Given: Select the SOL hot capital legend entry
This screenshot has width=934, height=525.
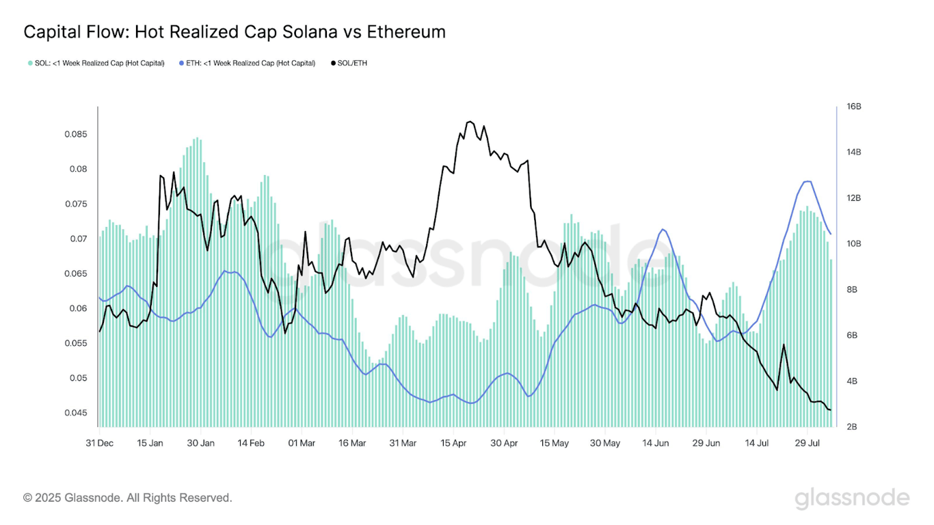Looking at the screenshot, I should point(96,63).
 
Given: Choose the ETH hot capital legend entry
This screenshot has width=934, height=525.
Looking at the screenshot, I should point(247,63).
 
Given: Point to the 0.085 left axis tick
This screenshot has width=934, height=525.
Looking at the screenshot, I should point(76,134).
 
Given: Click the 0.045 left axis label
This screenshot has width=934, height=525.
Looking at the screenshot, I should point(76,413).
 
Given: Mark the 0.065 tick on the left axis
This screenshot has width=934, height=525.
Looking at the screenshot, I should point(76,273).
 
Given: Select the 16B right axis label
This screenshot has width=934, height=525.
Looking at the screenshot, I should point(854,107).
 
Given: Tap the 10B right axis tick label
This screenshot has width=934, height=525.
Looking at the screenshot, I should point(854,244).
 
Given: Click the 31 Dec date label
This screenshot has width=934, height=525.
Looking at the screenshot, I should point(100,443).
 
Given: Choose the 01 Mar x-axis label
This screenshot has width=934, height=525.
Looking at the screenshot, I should point(302,443).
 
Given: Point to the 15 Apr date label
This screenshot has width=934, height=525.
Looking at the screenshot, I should point(453,443).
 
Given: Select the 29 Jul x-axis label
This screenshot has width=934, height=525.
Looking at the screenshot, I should point(807,443).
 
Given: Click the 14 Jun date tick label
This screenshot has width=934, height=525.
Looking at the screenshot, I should point(655,443).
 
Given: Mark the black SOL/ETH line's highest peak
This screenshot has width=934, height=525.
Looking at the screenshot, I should point(469,122).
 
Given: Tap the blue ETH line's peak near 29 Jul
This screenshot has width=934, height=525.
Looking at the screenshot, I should point(808,181).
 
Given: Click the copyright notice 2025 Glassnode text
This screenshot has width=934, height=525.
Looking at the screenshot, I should point(128,498).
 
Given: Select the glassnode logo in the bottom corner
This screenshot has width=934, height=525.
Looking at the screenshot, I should point(852,498).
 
